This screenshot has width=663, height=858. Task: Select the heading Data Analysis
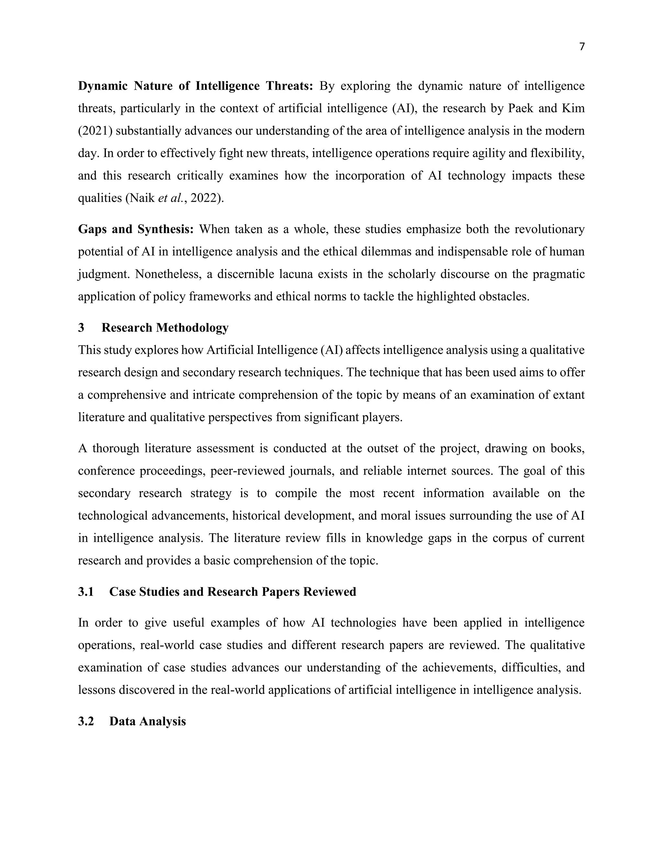click(x=147, y=721)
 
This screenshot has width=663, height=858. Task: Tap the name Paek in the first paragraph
click(x=521, y=108)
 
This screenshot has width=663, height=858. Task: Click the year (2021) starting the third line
click(x=96, y=131)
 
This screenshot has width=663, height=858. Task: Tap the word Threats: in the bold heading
click(x=289, y=86)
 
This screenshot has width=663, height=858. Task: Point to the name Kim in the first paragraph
click(x=573, y=108)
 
